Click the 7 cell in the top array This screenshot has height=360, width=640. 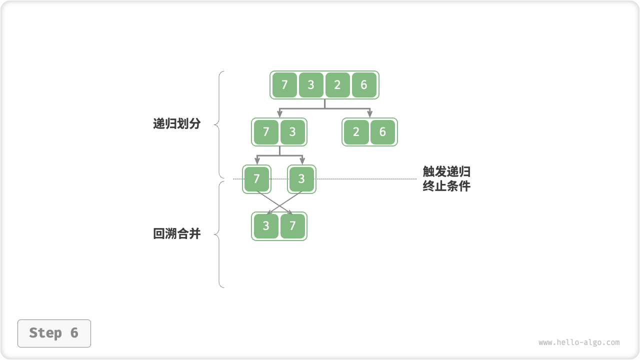coord(284,85)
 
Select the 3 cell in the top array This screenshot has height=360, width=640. coord(311,85)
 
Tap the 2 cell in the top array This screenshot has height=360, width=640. coord(337,85)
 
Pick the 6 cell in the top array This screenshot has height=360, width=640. coord(364,85)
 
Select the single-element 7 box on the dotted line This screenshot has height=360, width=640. coord(256,179)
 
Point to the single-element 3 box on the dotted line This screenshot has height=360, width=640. coord(301,179)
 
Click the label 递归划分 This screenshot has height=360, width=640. coord(176,124)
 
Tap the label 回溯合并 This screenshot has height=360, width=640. coord(176,233)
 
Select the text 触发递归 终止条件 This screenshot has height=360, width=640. coord(446,179)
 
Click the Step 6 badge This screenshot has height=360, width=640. coord(54,333)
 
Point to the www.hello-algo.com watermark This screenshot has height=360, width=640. coord(579,342)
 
